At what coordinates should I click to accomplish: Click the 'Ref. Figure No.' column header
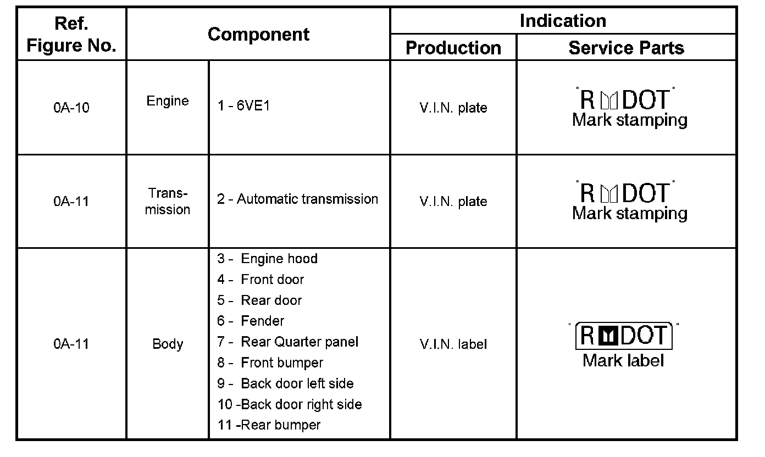point(71,34)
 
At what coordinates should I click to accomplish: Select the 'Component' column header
point(258,34)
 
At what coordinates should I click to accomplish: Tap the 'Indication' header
point(563,21)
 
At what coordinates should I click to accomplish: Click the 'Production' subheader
point(453,48)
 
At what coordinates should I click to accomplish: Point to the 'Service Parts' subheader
point(626,48)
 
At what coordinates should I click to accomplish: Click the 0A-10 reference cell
point(71,108)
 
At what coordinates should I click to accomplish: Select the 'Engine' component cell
point(168,101)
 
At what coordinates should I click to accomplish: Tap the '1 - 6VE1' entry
point(243,106)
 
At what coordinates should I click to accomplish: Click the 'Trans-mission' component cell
point(168,202)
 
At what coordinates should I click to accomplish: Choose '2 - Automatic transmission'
point(297,199)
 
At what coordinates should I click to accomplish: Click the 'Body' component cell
point(168,344)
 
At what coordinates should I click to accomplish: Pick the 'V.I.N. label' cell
point(453,344)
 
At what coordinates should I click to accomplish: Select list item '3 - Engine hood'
point(268,259)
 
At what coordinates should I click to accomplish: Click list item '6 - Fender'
point(251,321)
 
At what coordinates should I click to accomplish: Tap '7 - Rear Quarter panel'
point(288,342)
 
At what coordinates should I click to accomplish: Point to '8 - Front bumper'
point(270,363)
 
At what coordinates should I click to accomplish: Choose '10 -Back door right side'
point(290,405)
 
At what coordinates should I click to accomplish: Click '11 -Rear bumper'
point(269,425)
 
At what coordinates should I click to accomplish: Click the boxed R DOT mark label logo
point(624,336)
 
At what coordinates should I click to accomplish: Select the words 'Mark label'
point(624,361)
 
